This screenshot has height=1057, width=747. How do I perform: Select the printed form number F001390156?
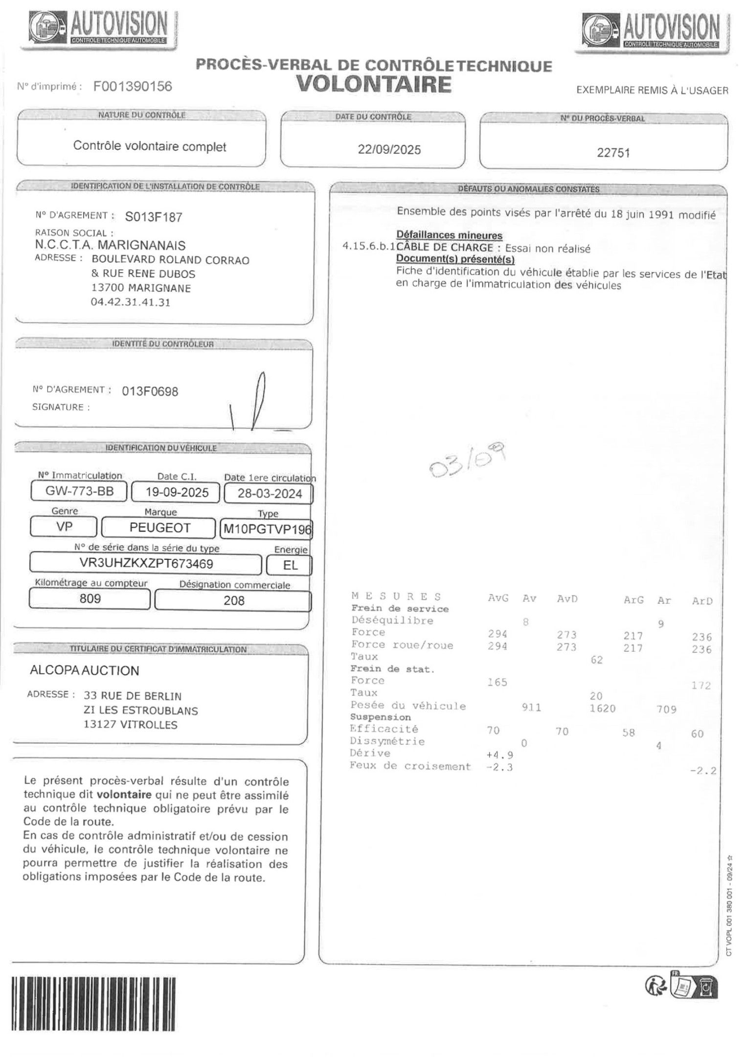[133, 87]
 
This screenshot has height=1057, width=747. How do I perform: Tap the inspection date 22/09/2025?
[389, 150]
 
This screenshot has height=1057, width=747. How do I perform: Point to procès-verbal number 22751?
[613, 153]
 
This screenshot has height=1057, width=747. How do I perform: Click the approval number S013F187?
[154, 217]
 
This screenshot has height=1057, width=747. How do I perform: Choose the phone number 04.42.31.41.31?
[131, 302]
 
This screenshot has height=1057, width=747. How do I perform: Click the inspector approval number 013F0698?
[150, 391]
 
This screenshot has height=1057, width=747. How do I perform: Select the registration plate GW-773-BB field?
[79, 491]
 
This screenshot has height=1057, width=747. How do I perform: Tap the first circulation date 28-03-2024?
[270, 493]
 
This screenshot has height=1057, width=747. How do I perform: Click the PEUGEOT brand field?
[159, 528]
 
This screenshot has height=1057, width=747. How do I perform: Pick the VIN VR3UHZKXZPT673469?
[146, 564]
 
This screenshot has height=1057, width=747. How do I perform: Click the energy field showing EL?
[290, 565]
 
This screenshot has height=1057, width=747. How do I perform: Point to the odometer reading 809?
[90, 598]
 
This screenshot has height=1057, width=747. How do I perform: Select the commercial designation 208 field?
[233, 600]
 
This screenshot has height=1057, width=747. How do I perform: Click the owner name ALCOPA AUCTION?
[85, 670]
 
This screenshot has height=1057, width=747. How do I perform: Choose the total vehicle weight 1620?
[602, 709]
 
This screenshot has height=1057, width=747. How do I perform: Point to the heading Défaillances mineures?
[449, 235]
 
